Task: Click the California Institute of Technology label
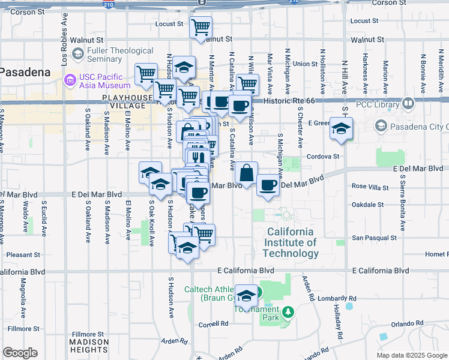click(291, 242)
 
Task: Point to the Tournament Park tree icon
click(289, 312)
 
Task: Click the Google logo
click(20, 353)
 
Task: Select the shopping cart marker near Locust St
click(200, 27)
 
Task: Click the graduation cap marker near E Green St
click(341, 128)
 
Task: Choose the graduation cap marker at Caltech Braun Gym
click(246, 296)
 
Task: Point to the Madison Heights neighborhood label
click(89, 346)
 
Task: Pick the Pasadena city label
click(24, 71)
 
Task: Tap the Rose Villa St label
click(371, 187)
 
